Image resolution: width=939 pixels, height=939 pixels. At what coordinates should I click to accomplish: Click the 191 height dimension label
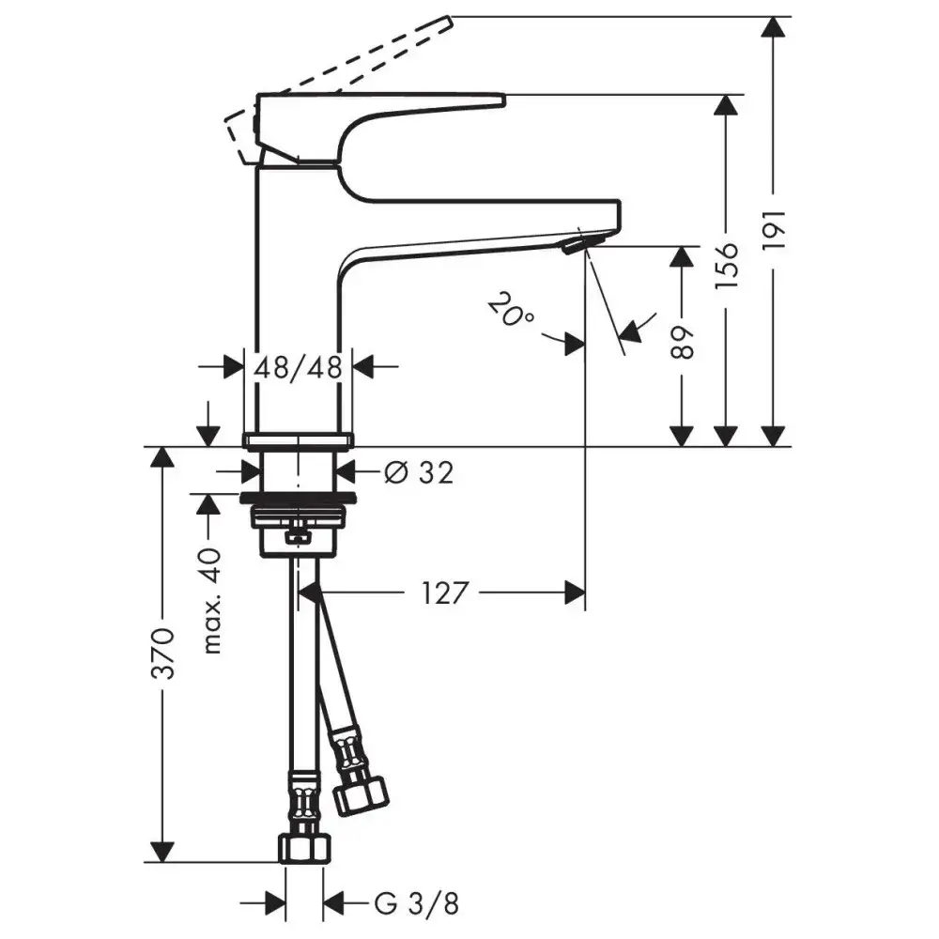(775, 231)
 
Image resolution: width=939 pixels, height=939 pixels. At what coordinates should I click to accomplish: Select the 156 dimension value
(727, 267)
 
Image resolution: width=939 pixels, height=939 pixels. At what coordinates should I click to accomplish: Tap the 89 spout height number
(682, 343)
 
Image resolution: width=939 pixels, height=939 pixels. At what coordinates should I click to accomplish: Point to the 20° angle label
(511, 311)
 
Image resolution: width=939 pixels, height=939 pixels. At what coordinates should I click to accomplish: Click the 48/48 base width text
(299, 367)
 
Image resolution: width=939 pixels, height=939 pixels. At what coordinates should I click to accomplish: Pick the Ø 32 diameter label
(419, 473)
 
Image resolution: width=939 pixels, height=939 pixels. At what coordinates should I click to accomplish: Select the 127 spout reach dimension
(444, 593)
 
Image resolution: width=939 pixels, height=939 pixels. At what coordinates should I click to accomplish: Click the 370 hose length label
(162, 654)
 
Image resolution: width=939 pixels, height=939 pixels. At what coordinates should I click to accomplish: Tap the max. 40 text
(211, 601)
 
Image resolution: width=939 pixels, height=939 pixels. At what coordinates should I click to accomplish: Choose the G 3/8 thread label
(417, 903)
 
